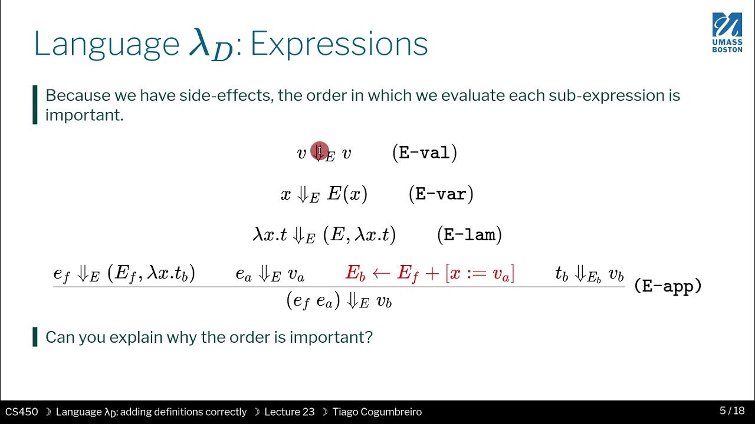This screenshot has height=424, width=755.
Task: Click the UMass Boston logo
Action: [727, 32]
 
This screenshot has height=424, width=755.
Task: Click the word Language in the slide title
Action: [106, 44]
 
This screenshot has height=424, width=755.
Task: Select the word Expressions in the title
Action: [339, 44]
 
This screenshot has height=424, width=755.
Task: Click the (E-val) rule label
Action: [424, 153]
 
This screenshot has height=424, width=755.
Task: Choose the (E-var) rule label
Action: [441, 194]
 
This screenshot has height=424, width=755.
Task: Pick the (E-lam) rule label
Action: [469, 235]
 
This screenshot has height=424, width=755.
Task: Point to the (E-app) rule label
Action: [668, 287]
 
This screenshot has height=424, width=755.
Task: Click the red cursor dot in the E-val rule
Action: [319, 151]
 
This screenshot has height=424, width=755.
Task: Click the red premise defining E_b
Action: [429, 273]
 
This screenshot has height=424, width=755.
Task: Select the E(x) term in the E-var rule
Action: [347, 194]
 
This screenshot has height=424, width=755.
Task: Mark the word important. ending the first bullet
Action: [84, 115]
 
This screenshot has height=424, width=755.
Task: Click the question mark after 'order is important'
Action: [369, 337]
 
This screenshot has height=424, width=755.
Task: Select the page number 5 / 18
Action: [731, 411]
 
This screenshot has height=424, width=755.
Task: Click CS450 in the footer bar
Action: [22, 412]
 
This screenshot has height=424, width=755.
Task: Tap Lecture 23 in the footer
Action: [289, 412]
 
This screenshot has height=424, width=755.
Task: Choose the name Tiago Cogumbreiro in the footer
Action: [377, 412]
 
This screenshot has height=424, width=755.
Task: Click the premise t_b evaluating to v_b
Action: [589, 274]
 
